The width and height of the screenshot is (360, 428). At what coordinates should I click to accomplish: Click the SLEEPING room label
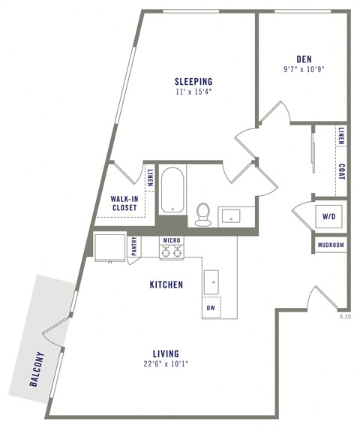point(193,82)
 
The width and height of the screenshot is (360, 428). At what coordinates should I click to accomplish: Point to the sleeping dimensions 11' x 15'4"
point(193,92)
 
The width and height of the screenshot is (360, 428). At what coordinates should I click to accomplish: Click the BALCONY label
point(37,369)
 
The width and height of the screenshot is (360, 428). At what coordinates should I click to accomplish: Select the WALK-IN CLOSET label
point(128,203)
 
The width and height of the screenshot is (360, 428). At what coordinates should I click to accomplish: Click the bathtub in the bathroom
point(172,191)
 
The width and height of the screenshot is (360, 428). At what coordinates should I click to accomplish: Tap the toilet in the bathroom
point(202,215)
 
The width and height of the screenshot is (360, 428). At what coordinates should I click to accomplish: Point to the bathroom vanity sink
point(229,216)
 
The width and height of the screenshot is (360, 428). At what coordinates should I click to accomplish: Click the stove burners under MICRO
point(172,253)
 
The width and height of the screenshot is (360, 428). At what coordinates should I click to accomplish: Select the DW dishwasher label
point(210,307)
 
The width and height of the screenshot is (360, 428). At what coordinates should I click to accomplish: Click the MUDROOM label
point(331,246)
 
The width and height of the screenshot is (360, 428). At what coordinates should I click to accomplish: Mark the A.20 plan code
point(345,317)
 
